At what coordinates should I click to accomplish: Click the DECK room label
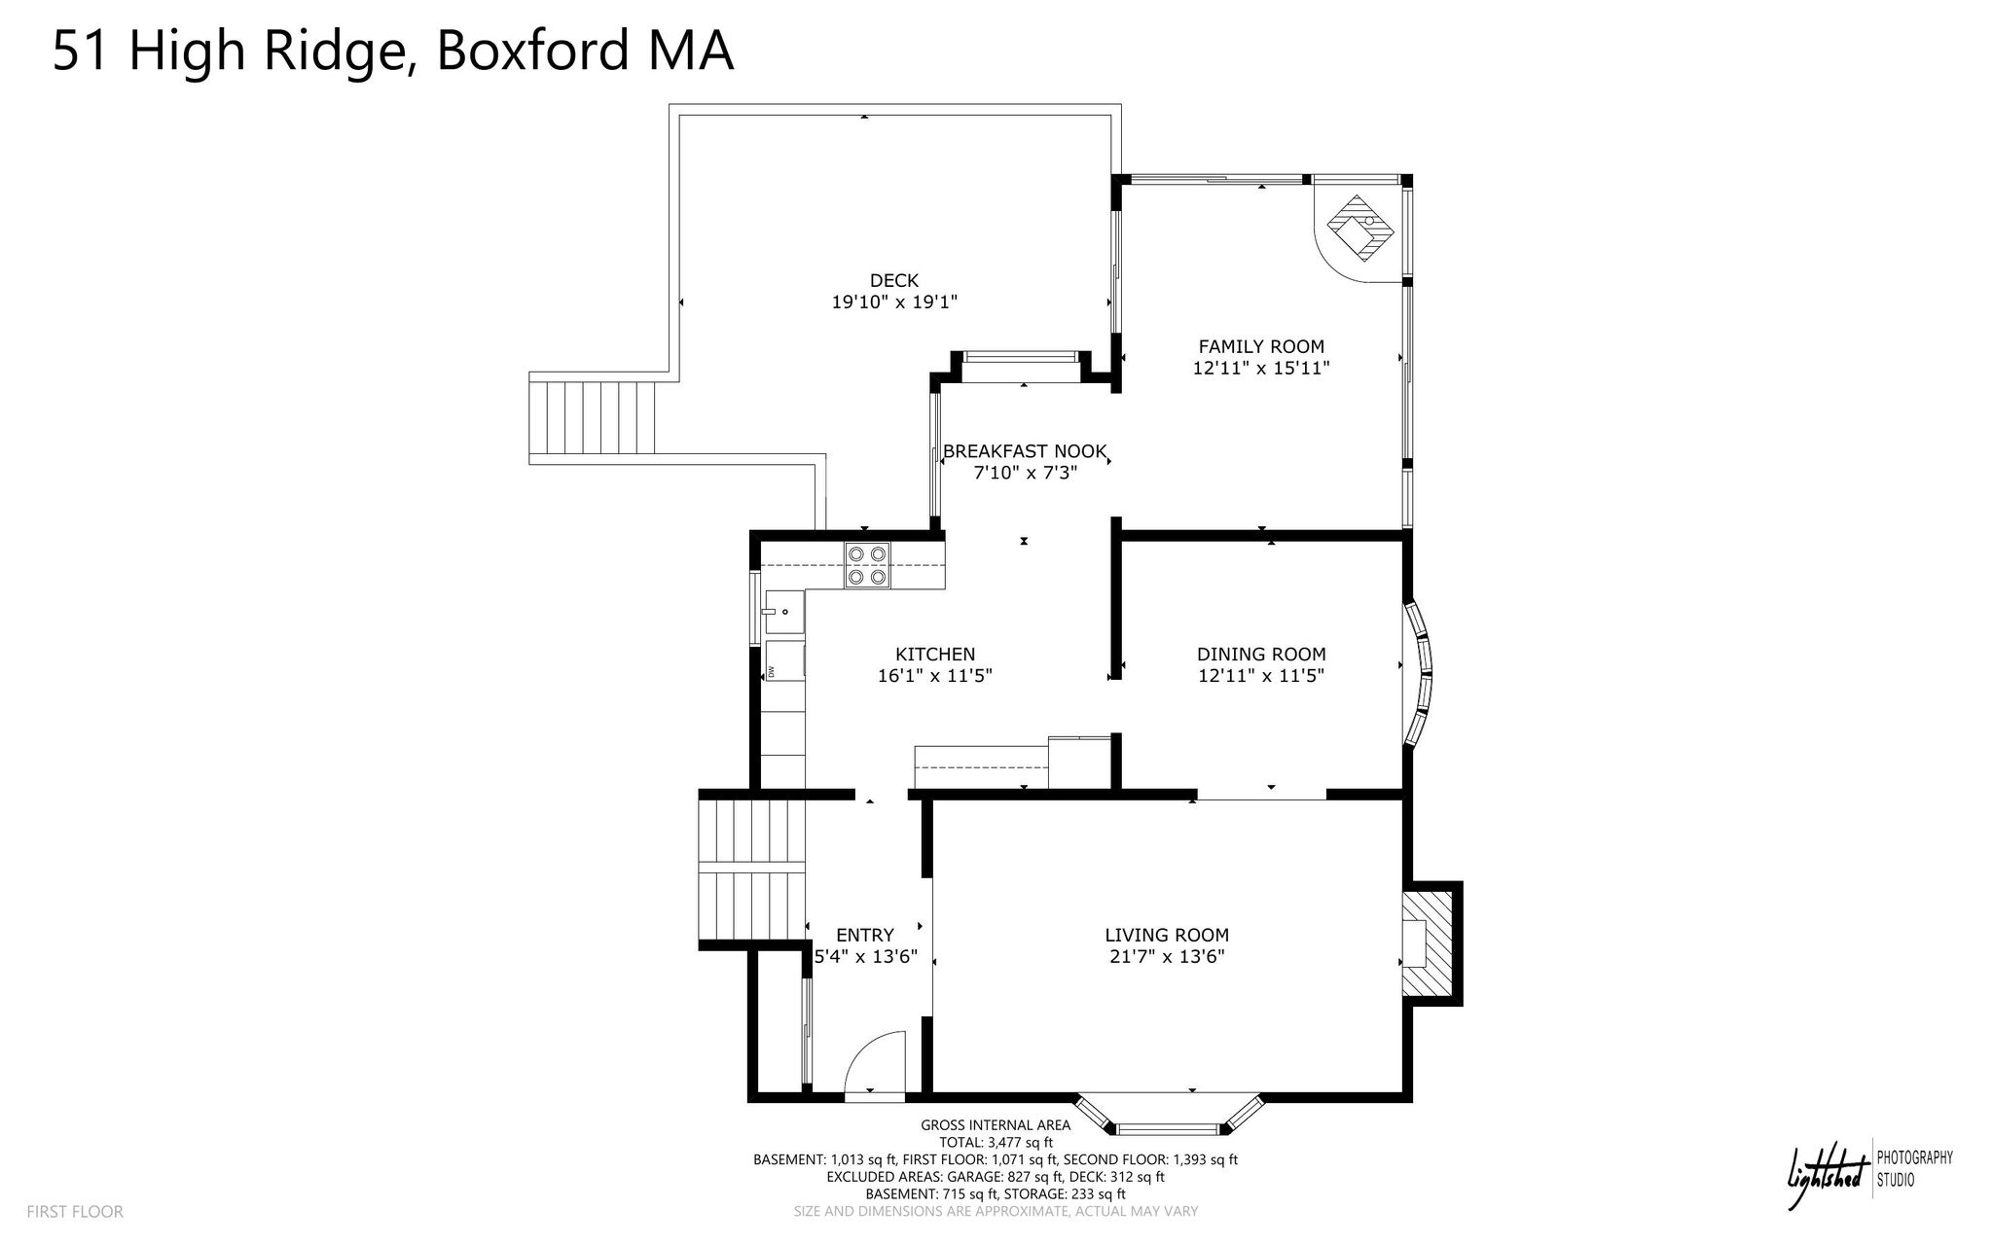[894, 281]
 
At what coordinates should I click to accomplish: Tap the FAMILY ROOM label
[1261, 346]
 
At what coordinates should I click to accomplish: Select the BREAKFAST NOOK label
[1025, 451]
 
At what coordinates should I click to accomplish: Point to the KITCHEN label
[935, 655]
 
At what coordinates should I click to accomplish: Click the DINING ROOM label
[1261, 655]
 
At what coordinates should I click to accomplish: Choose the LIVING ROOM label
[1167, 936]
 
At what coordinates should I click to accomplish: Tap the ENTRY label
[865, 936]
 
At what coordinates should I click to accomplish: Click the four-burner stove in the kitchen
[868, 565]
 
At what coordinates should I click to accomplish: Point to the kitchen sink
[784, 612]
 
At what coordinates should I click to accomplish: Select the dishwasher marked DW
[784, 661]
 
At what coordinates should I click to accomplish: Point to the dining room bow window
[1418, 673]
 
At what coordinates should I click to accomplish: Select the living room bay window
[1168, 1117]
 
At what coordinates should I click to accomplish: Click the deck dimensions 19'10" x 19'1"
[894, 302]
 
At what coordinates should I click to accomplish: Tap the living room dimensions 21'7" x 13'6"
[1167, 957]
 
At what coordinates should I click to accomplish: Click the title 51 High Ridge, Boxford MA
[392, 51]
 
